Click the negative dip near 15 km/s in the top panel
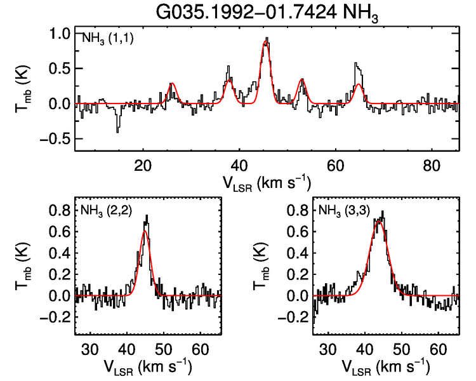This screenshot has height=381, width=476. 117,130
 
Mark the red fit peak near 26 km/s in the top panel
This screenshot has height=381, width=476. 171,83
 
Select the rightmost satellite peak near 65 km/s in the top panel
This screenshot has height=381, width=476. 356,63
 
